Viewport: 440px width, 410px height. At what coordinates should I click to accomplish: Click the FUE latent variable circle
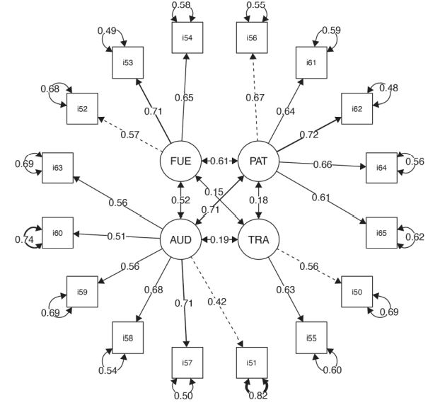click(x=180, y=161)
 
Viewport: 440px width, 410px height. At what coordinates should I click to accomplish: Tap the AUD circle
click(x=180, y=239)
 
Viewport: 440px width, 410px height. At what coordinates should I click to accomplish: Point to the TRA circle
click(x=258, y=239)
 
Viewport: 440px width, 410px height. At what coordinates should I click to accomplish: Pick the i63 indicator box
click(x=58, y=168)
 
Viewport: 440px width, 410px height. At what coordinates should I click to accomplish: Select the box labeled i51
click(x=252, y=363)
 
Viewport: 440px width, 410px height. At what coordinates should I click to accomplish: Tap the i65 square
click(x=381, y=232)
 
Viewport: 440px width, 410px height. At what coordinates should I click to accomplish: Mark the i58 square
click(x=127, y=338)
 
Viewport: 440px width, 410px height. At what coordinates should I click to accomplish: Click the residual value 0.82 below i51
click(x=258, y=396)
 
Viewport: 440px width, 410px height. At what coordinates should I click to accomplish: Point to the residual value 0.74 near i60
click(x=25, y=239)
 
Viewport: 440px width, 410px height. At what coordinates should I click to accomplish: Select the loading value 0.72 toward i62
click(x=308, y=134)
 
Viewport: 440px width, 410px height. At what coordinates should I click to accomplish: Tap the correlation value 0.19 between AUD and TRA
click(x=219, y=240)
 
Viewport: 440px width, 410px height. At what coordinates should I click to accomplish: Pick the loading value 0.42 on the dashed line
click(x=217, y=302)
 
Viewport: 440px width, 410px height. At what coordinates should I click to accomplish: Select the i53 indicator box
click(x=127, y=63)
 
